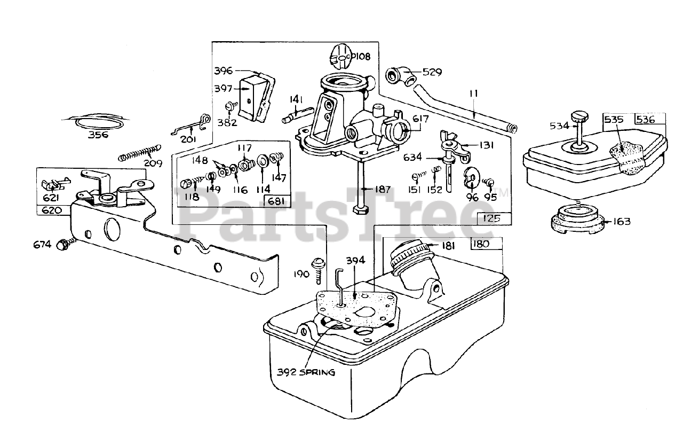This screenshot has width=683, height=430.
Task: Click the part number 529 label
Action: [432, 72]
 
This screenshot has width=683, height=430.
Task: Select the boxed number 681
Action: [276, 201]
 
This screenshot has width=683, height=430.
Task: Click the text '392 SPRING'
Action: [306, 372]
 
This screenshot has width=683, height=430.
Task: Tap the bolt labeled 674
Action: [64, 246]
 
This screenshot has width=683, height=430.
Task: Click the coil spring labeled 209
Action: [140, 151]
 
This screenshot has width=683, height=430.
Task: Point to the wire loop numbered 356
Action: [98, 121]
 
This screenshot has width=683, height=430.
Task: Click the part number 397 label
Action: [224, 88]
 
